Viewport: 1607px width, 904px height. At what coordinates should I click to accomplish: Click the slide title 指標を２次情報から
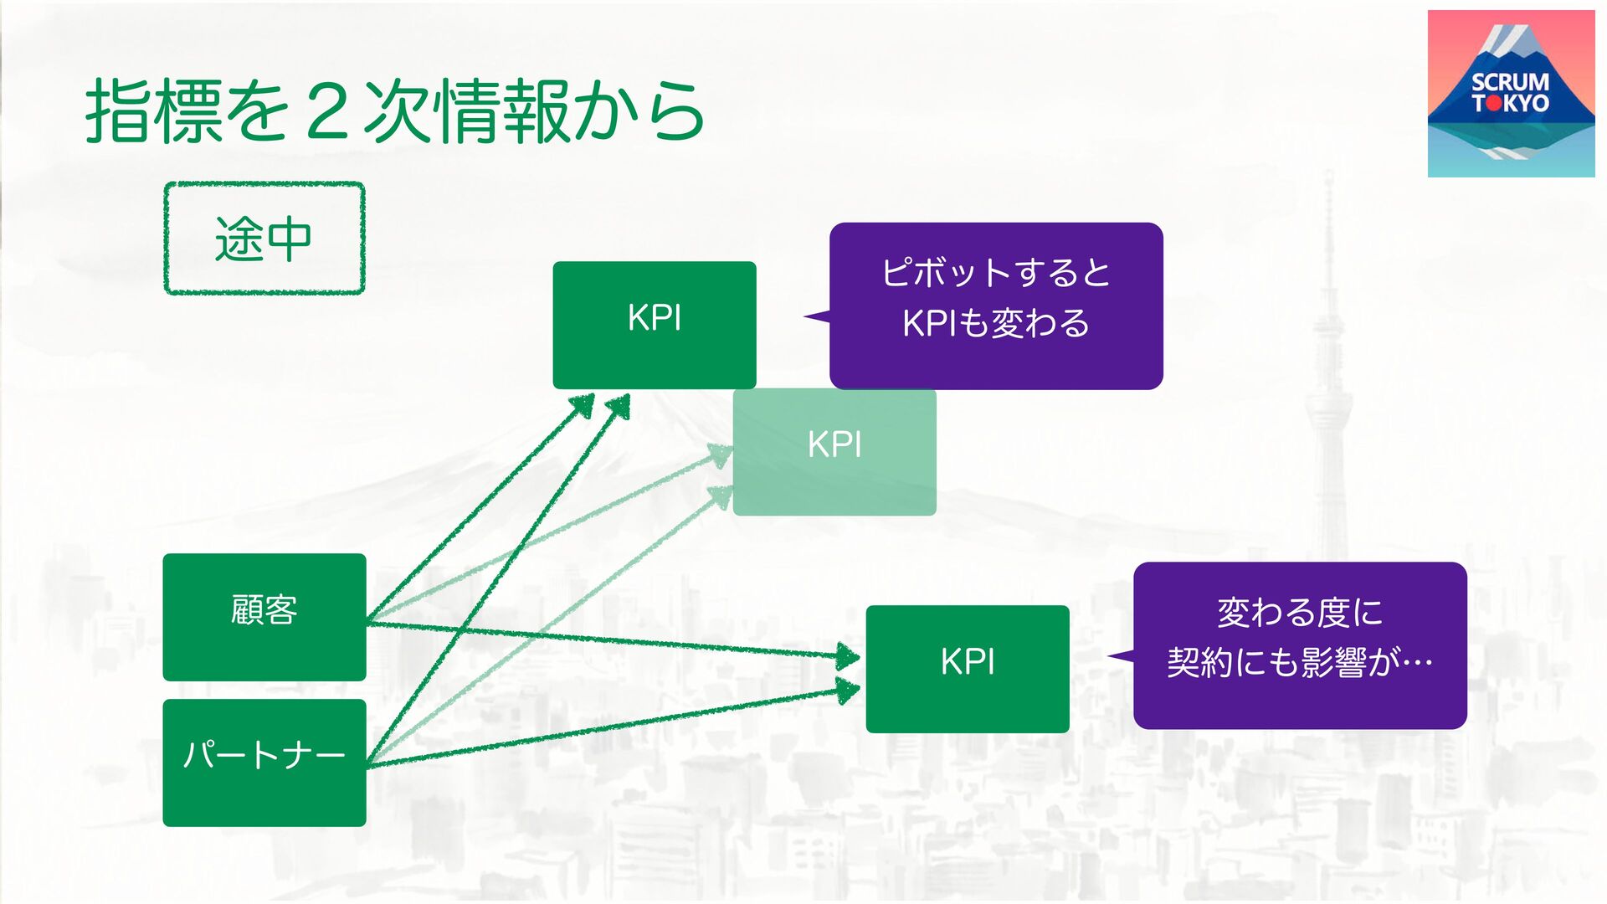(394, 111)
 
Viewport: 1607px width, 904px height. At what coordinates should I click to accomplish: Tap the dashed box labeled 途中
(264, 239)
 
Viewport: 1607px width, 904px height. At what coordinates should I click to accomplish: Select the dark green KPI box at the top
(654, 324)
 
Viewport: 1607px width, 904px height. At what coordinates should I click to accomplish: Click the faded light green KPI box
(834, 452)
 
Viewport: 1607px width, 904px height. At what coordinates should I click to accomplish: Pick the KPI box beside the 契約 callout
(968, 669)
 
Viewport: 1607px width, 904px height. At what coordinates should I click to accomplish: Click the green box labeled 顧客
(264, 617)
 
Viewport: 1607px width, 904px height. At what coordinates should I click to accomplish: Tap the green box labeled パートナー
(264, 763)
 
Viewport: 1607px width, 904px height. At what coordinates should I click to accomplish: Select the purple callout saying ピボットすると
(996, 306)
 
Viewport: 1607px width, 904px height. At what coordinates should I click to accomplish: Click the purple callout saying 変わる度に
(1300, 645)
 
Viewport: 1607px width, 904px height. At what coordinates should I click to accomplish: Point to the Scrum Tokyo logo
(1511, 94)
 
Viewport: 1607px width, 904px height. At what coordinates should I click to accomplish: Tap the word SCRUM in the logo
(1511, 82)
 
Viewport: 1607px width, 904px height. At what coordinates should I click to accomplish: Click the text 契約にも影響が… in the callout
(1300, 663)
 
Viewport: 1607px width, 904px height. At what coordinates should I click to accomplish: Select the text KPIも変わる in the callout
(996, 324)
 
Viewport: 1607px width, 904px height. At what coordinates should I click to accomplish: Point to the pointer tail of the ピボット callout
(816, 316)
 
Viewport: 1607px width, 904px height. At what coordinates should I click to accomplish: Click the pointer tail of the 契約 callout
(1120, 656)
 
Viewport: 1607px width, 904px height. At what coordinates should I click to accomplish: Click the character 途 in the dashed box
(239, 239)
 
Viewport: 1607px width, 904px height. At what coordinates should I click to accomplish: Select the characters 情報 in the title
(502, 111)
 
